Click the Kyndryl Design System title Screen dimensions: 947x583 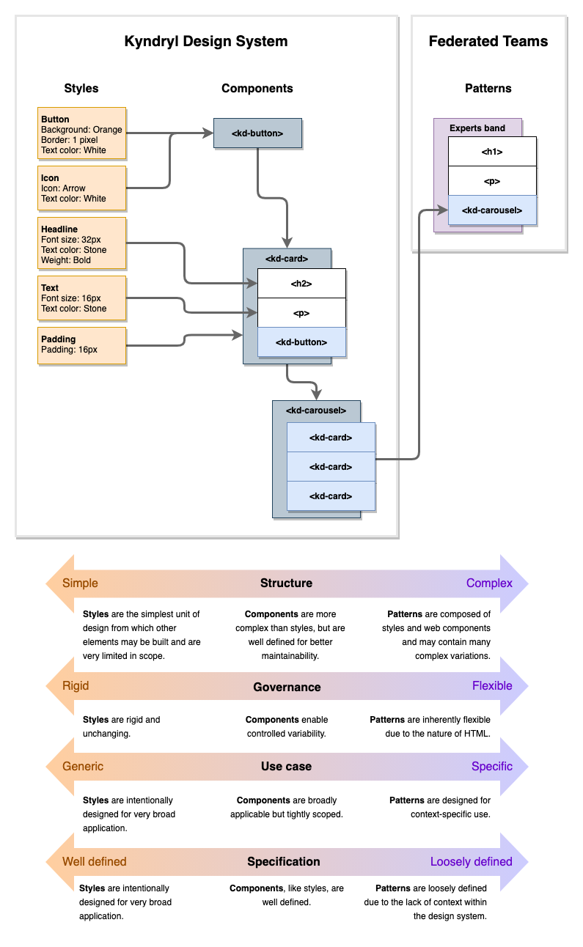tap(206, 41)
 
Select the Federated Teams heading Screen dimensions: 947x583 tap(488, 41)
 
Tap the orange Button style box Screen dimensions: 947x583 tap(81, 134)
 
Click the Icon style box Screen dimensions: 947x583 tap(81, 188)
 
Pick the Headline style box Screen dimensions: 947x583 tap(81, 244)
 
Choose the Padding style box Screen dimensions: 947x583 tap(81, 344)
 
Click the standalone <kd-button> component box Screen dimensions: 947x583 tap(257, 133)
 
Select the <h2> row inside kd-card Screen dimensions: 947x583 tap(301, 283)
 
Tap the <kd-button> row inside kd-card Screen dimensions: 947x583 tap(301, 342)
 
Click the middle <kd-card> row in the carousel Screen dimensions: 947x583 tap(330, 466)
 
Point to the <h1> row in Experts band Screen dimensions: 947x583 tap(491, 151)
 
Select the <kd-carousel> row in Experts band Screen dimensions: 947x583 tap(491, 210)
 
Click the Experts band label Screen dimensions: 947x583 tap(477, 128)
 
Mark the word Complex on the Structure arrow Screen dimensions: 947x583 tap(489, 583)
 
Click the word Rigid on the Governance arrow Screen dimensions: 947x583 tap(76, 686)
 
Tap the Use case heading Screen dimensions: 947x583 tap(286, 766)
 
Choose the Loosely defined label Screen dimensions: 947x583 tap(471, 861)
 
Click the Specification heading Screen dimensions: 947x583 tap(283, 861)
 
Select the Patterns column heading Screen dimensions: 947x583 tap(488, 88)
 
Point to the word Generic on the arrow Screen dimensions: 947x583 tap(83, 766)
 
